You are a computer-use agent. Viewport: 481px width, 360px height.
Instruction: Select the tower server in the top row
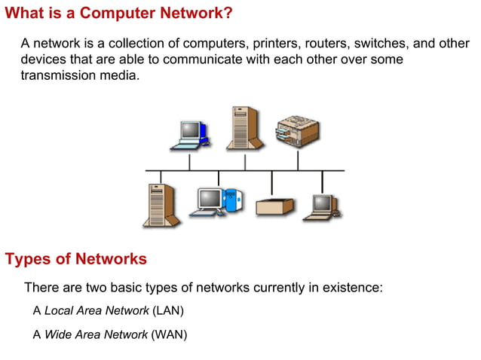click(245, 127)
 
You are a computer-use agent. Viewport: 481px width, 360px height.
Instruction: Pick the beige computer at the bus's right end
click(323, 206)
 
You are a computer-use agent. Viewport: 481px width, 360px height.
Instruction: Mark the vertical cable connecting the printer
click(298, 160)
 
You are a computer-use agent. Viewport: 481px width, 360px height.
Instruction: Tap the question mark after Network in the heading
click(228, 14)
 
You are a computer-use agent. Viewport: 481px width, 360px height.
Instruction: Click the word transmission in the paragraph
click(57, 75)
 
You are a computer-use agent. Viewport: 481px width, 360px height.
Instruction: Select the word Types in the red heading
click(26, 259)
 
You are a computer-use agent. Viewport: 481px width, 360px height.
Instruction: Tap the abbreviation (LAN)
click(167, 310)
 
